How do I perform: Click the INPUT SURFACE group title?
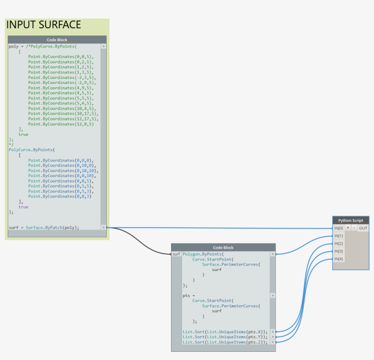[44, 25]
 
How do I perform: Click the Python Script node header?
[350, 220]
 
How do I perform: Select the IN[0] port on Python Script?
[338, 228]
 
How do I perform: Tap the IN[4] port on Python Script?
[338, 259]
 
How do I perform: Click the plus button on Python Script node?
[348, 228]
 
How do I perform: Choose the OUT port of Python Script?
[363, 228]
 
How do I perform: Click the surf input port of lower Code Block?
[176, 254]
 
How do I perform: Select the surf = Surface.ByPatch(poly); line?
[44, 227]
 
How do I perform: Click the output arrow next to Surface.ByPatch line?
[104, 227]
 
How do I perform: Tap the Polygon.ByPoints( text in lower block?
[203, 254]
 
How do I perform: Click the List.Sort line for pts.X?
[225, 332]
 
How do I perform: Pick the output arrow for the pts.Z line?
[273, 342]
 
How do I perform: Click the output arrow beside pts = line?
[273, 295]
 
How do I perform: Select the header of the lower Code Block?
[223, 248]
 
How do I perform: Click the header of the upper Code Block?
[57, 40]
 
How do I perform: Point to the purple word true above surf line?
[23, 207]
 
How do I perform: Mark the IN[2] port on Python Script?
[338, 244]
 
